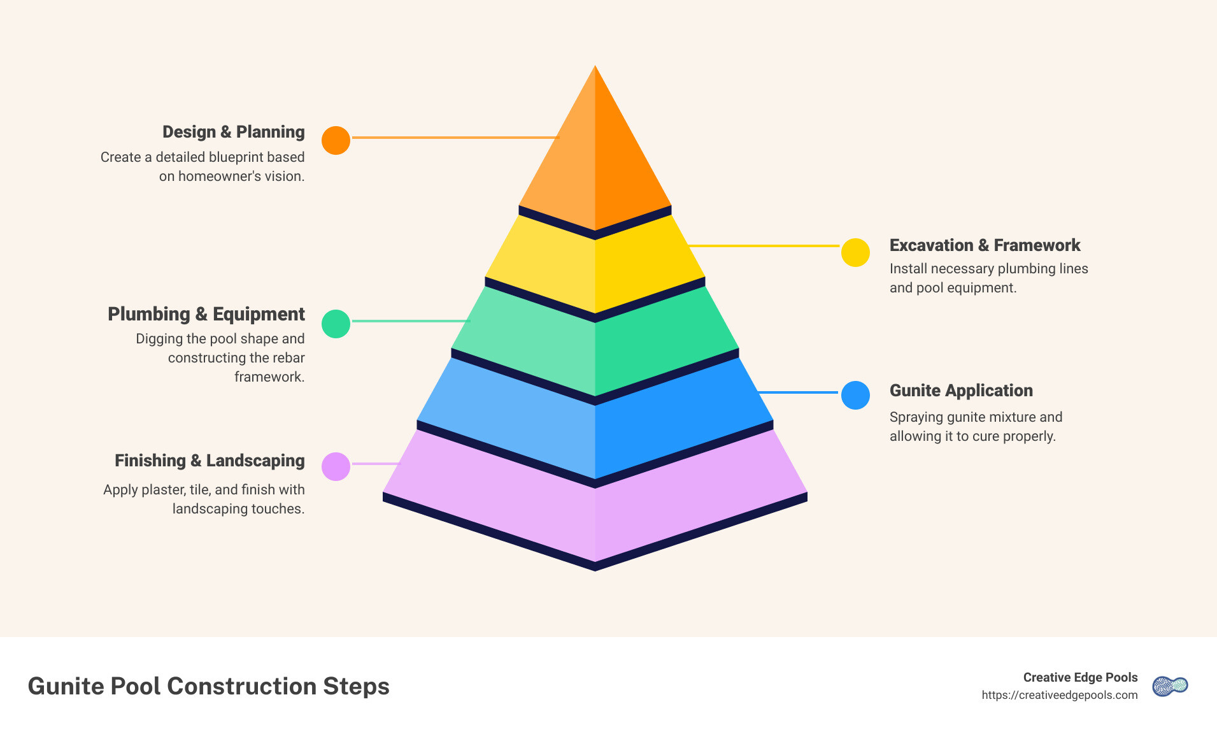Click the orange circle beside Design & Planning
(336, 140)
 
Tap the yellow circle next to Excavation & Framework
(855, 252)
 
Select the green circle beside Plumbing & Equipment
(336, 324)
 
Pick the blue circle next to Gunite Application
(855, 395)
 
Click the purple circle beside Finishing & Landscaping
(336, 466)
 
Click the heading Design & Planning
(233, 132)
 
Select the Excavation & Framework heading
(985, 245)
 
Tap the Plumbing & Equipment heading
(206, 314)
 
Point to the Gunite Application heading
(961, 391)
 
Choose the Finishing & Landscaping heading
(210, 461)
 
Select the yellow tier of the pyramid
(595, 268)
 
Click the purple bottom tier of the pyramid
(595, 510)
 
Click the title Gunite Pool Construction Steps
(208, 686)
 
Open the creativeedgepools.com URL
(1059, 695)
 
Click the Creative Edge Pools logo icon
(1170, 686)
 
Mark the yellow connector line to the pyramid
(764, 245)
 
